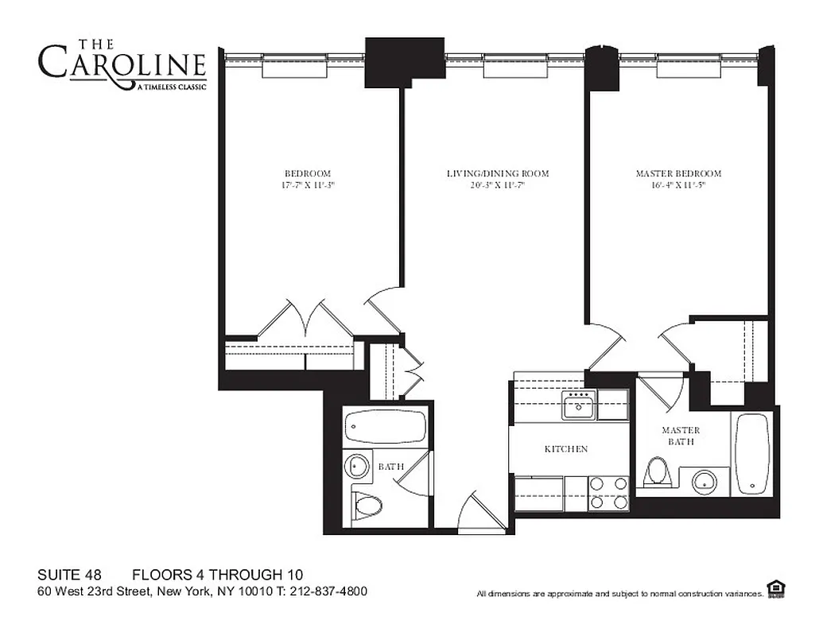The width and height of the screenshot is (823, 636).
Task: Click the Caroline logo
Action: point(122,64)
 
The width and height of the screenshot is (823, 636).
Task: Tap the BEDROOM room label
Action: point(307,173)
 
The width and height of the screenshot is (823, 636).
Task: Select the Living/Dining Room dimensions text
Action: point(497,185)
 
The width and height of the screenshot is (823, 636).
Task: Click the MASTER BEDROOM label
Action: point(678,173)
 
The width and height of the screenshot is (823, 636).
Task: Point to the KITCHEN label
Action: point(565,449)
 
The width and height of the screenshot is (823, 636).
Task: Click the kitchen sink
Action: point(578,406)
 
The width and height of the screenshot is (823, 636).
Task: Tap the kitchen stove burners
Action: point(608,493)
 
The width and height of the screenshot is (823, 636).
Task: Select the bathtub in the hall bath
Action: point(386,428)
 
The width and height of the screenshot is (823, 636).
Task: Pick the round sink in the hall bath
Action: point(357,466)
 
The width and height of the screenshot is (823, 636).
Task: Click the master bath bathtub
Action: point(751,453)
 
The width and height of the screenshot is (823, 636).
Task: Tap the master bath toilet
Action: point(657,471)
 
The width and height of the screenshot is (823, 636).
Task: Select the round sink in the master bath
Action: point(704,481)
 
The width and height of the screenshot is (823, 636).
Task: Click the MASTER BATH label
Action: point(680,436)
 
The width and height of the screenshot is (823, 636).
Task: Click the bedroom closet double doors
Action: point(305,320)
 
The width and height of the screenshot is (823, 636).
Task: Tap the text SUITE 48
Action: point(69,575)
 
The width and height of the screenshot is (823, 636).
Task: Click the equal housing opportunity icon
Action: point(776,588)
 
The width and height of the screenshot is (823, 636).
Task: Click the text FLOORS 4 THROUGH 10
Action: point(217,575)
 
